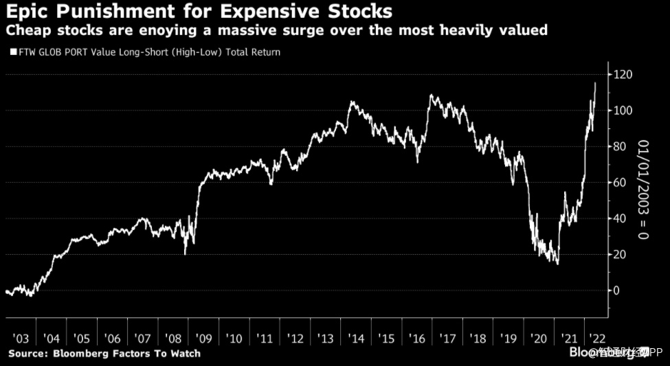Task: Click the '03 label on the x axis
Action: click(21, 339)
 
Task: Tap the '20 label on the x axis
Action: click(537, 339)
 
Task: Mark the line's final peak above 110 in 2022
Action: click(595, 83)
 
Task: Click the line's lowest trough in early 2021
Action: click(557, 264)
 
